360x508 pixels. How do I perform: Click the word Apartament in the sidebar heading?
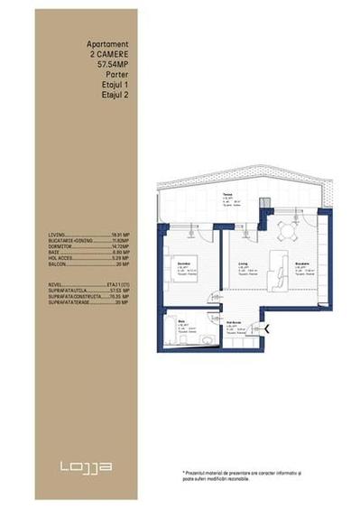(107, 42)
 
